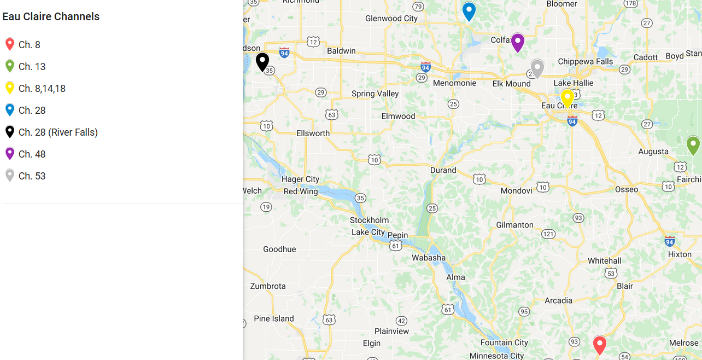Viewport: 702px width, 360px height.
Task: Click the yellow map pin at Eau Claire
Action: point(568,97)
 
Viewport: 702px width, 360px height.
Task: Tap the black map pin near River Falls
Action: point(262,61)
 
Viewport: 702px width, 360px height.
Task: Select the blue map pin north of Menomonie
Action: point(469,11)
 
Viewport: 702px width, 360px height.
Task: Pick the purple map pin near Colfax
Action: point(517,42)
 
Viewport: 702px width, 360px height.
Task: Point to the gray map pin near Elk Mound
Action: point(537,68)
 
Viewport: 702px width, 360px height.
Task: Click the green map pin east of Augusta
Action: point(693,145)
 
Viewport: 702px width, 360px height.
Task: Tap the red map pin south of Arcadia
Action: point(600,345)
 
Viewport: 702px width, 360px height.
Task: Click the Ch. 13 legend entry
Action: point(32,67)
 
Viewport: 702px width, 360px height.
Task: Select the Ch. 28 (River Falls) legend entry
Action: point(58,132)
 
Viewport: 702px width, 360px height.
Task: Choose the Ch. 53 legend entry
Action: point(32,176)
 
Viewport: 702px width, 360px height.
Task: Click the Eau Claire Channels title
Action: point(51,16)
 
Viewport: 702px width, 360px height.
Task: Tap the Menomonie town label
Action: point(454,83)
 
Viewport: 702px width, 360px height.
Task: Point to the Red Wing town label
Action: point(301,191)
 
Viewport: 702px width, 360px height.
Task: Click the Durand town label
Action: point(443,170)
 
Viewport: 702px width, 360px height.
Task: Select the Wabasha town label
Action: point(429,258)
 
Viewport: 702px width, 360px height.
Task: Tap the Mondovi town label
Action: point(516,191)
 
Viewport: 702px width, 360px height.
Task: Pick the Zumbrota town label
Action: point(268,286)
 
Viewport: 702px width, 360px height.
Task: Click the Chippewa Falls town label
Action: point(585,61)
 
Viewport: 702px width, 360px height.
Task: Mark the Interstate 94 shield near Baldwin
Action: point(284,53)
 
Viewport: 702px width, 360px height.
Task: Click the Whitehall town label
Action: point(604,260)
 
